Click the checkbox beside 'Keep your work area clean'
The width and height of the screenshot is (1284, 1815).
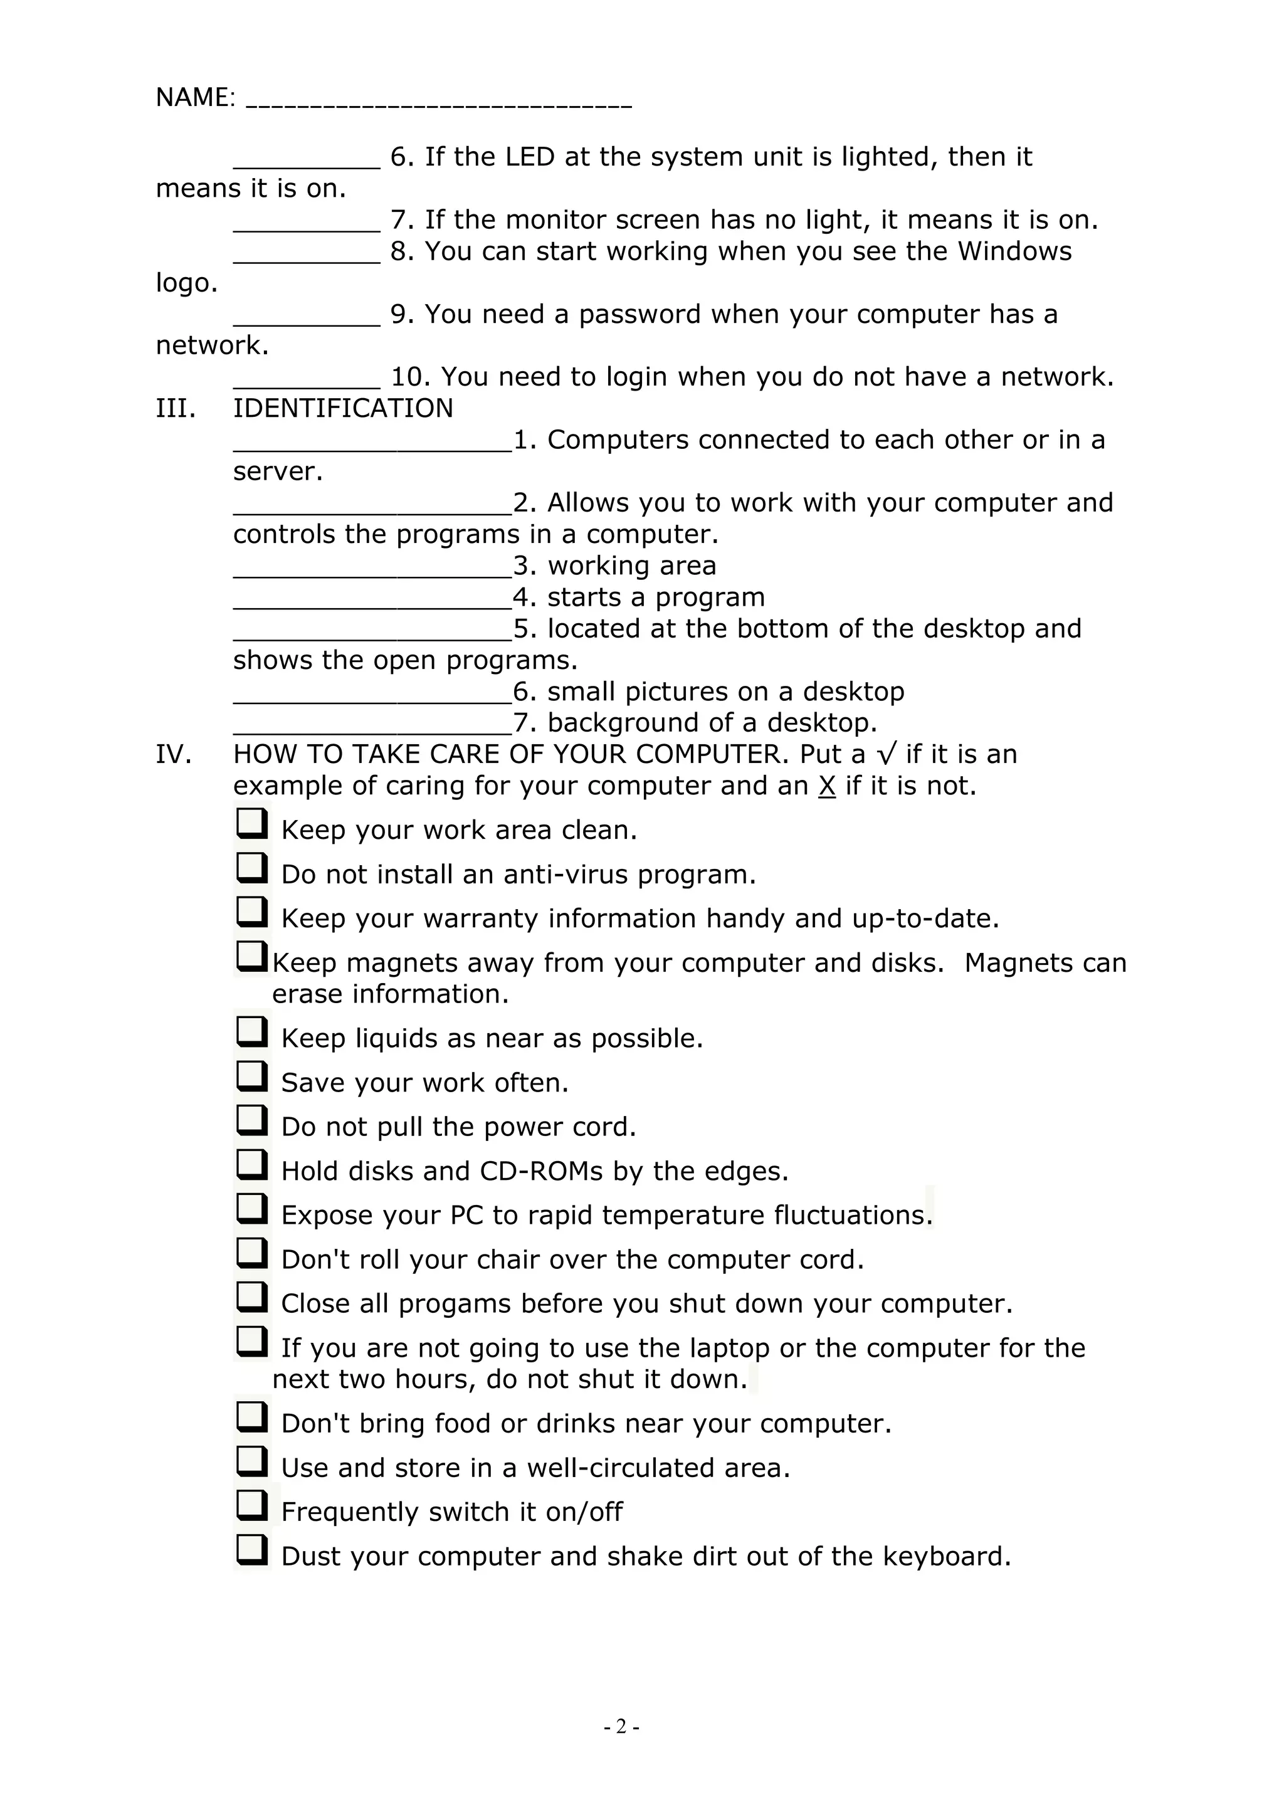(251, 824)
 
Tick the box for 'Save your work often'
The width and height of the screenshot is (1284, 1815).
(251, 1076)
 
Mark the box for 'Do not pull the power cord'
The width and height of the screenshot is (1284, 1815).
(251, 1120)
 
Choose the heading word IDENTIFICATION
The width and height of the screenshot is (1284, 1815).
(343, 409)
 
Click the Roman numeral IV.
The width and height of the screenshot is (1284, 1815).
(174, 755)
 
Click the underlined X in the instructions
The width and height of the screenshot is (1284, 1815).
(827, 787)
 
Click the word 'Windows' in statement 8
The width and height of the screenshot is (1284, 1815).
(1014, 251)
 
